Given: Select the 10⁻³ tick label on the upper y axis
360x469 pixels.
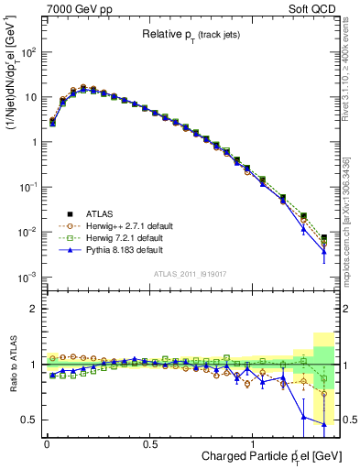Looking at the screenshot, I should pos(27,278).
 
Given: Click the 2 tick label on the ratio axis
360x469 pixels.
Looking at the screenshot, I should pos(32,309).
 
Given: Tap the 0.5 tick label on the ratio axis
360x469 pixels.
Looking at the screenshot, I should pos(29,420).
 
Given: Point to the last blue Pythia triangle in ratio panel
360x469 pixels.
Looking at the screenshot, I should pos(324,424).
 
